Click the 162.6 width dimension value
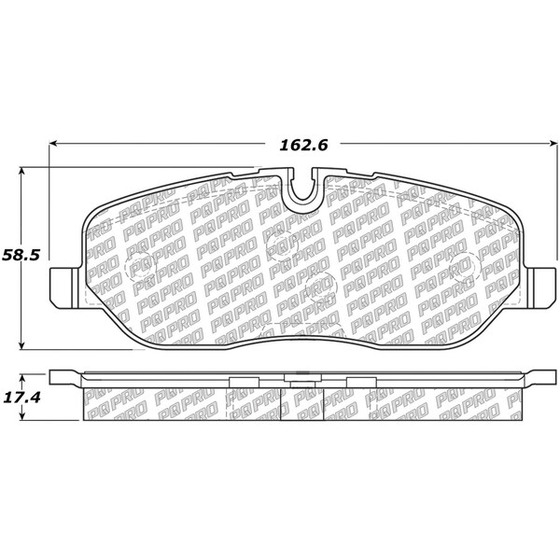pos(303,146)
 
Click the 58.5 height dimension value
pos(21,256)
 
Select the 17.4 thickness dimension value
pos(21,398)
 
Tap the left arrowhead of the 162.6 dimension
pos(53,143)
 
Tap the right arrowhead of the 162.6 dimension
pos(553,143)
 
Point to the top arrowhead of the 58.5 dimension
pos(22,172)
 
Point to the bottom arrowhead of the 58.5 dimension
pos(22,345)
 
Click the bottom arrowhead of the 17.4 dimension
pos(22,415)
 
